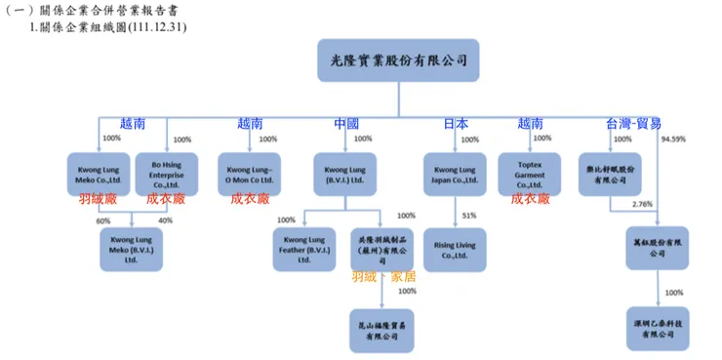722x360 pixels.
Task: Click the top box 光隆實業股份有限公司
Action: pos(398,60)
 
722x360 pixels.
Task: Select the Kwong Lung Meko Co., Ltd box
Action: pos(98,172)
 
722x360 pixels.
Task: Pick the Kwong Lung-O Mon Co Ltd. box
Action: pos(248,172)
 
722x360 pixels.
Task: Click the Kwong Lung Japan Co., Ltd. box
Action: pos(455,172)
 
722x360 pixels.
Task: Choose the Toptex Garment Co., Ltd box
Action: pos(530,172)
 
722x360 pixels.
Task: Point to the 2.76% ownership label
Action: pos(642,204)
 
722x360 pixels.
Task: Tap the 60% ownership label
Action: pos(103,220)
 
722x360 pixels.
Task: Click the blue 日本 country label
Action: pos(456,124)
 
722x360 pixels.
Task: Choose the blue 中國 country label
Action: pos(346,124)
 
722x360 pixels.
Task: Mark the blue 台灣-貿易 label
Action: pos(633,124)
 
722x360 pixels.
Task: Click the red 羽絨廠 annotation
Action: pos(98,198)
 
